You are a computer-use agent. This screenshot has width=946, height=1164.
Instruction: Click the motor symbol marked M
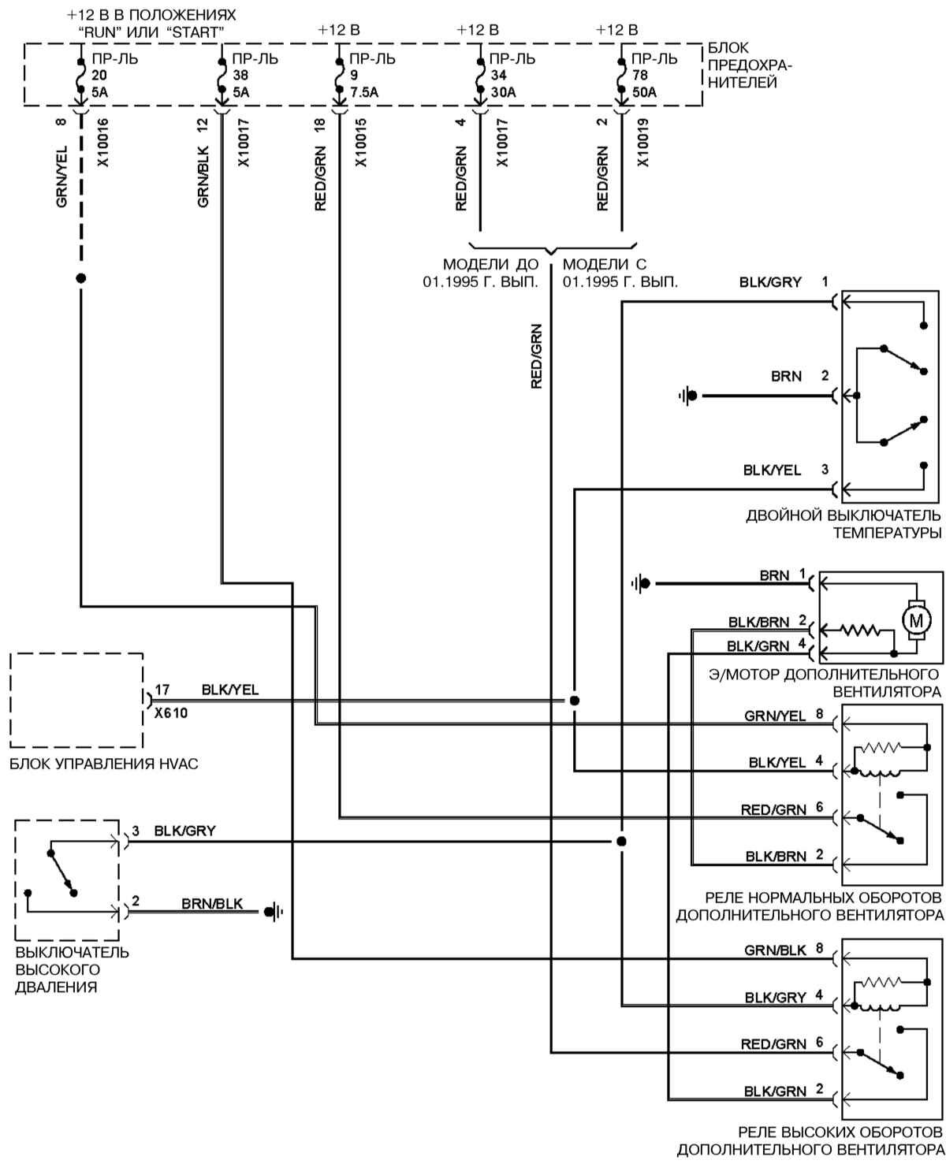(x=916, y=619)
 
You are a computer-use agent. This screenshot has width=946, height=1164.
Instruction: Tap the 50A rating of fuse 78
(x=644, y=92)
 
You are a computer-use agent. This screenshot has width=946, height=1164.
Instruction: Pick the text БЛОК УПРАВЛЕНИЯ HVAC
(x=104, y=763)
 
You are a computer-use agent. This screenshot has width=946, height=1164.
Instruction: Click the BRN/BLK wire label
(x=212, y=903)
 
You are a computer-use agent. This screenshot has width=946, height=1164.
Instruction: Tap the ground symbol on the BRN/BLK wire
(x=273, y=913)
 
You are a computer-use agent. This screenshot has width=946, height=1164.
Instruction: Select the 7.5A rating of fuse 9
(x=364, y=92)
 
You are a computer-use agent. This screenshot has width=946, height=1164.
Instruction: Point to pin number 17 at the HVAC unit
(x=162, y=690)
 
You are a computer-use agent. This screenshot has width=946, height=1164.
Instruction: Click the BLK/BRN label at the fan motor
(x=758, y=623)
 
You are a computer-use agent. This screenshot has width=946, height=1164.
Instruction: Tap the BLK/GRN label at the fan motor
(x=758, y=646)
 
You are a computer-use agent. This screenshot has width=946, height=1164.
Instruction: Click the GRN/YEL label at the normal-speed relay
(x=775, y=716)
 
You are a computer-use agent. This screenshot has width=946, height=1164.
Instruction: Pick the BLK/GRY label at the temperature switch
(x=770, y=281)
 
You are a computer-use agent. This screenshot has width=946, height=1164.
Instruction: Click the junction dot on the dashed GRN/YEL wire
(x=80, y=278)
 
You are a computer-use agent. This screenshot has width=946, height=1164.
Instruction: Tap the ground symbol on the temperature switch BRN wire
(x=688, y=395)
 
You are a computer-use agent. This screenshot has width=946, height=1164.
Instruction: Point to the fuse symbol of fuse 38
(x=221, y=76)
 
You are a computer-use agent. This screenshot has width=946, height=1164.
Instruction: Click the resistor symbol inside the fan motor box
(x=859, y=630)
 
